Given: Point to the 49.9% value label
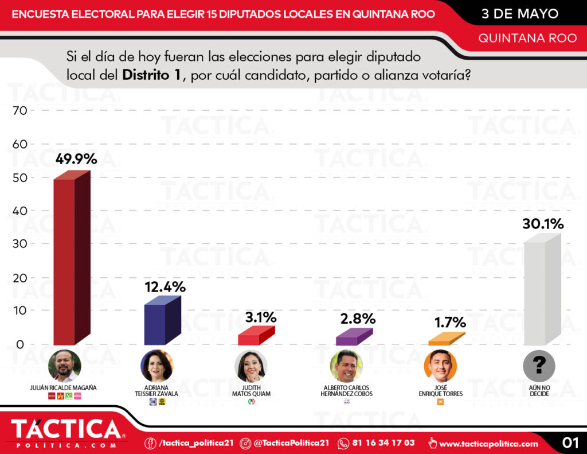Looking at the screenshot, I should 76,159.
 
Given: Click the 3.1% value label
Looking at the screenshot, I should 261,317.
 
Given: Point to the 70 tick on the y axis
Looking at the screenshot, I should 19,110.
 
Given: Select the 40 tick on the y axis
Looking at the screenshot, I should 19,211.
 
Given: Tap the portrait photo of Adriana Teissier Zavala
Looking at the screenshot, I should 156,366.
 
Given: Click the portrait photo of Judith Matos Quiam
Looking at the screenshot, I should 251,366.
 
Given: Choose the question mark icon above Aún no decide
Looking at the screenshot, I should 539,366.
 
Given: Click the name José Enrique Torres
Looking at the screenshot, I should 441,391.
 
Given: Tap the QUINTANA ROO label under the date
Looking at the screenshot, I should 527,38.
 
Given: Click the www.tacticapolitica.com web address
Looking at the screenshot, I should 489,443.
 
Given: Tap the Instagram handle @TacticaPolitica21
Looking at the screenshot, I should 291,443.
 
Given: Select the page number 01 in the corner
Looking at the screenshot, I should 570,443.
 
